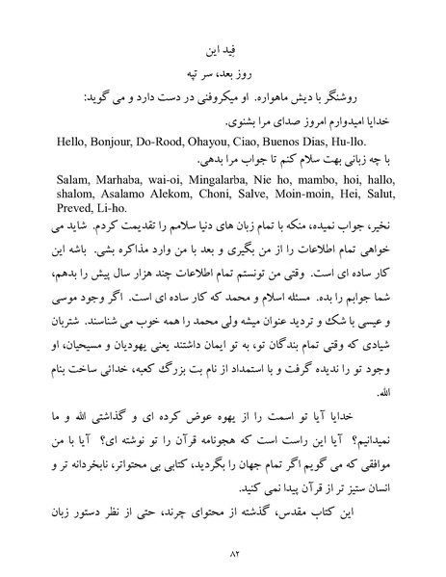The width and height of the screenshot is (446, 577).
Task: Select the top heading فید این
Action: point(223,46)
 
